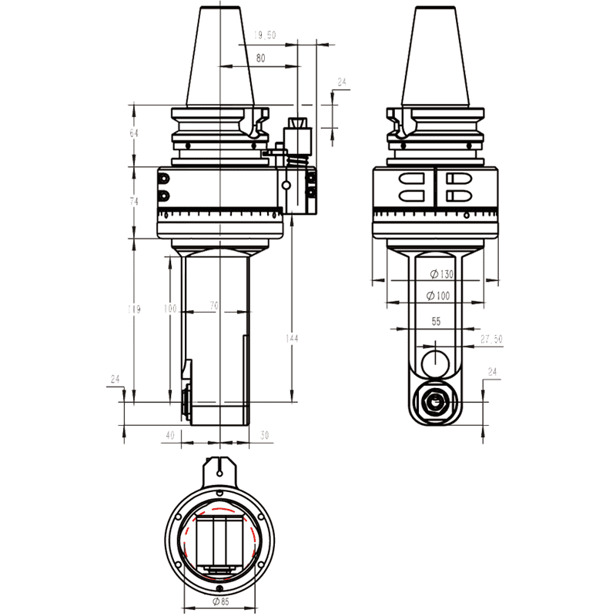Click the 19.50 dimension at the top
pos(265,35)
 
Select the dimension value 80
pos(260,58)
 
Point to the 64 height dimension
pos(134,133)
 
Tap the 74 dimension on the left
pos(134,201)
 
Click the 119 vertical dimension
pos(134,310)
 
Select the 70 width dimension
pos(214,306)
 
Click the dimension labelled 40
pos(170,435)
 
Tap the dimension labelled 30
pos(264,435)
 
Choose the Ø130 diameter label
pos(441,274)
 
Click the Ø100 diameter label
pos(441,296)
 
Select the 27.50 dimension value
pos(491,339)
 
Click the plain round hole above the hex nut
pos(436,360)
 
